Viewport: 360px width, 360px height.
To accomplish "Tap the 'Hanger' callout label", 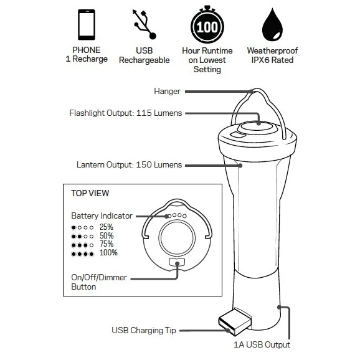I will coord(167,92).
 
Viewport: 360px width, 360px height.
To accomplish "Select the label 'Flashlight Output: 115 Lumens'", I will coord(125,113).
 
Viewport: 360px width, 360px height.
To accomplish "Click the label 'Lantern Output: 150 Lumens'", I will coord(129,165).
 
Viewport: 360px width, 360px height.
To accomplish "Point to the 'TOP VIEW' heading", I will coord(90,194).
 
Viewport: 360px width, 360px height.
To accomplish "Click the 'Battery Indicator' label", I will coord(102,216).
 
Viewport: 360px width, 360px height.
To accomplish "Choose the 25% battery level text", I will coord(107,227).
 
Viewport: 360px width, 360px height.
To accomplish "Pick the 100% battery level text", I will coord(108,253).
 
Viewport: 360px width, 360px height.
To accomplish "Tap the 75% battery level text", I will coord(107,245).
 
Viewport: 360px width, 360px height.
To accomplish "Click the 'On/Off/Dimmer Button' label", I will coord(100,282).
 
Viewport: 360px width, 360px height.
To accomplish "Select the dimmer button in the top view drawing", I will coord(178,263).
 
